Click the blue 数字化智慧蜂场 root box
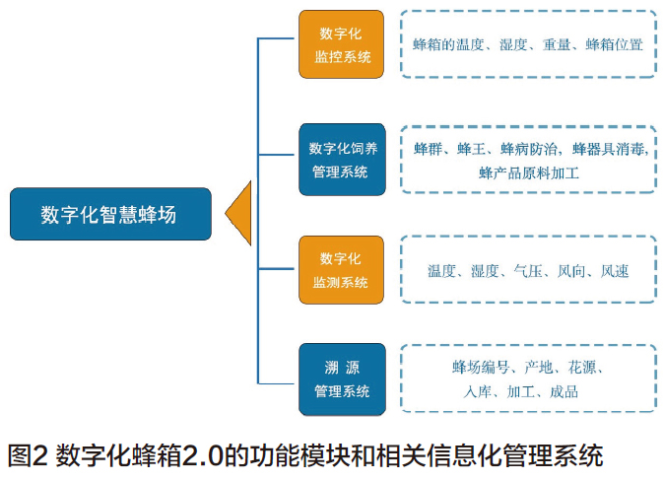click(109, 214)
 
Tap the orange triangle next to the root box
click(238, 213)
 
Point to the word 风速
click(615, 270)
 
